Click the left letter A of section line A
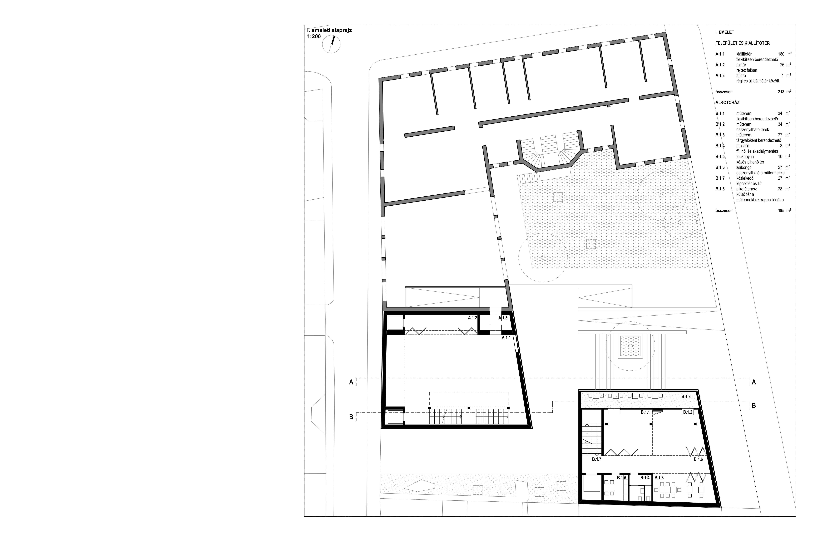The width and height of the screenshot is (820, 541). [x=351, y=382]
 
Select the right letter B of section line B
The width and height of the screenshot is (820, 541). [x=754, y=405]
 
